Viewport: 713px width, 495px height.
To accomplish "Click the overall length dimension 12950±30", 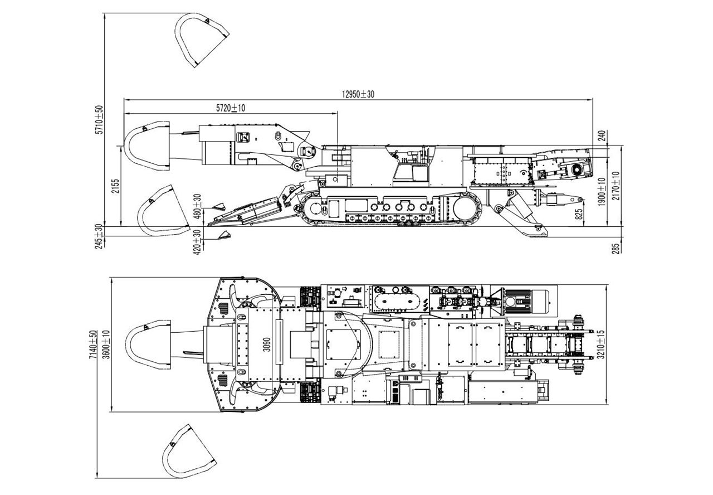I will click(358, 95).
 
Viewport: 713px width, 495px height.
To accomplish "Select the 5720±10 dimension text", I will click(231, 108).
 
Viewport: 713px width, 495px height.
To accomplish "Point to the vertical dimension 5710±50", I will click(100, 119).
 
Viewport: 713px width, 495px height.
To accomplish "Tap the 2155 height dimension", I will click(115, 186).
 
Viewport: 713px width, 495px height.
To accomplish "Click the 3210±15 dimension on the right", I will click(617, 344).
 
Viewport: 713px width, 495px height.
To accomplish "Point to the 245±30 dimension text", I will click(100, 236).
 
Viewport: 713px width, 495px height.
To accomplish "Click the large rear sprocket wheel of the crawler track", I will click(467, 209).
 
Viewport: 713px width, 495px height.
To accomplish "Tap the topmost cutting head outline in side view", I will click(202, 40).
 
